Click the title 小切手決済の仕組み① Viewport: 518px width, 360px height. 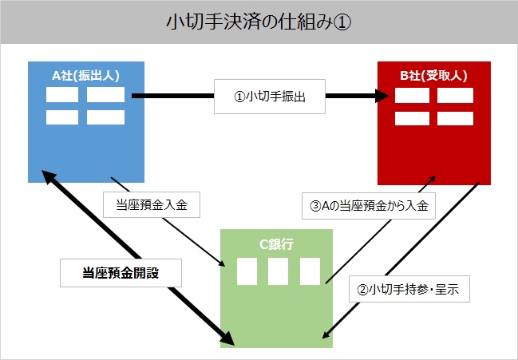(259, 22)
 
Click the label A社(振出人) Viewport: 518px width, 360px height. (85, 76)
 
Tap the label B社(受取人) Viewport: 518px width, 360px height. (433, 76)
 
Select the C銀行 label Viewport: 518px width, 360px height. (276, 244)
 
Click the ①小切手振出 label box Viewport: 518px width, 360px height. (270, 97)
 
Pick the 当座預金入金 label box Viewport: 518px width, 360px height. (152, 205)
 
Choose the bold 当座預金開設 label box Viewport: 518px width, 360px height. (121, 273)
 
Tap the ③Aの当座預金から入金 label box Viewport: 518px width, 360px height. (369, 206)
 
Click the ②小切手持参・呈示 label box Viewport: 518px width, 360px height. (409, 289)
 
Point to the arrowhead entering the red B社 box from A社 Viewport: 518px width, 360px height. (382, 96)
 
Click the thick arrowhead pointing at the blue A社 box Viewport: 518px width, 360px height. (49, 176)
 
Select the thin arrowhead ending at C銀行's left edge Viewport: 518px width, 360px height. (222, 263)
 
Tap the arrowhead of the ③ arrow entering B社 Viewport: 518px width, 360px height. (433, 180)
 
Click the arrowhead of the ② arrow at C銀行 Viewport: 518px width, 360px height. (326, 334)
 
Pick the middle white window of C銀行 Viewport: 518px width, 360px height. (278, 271)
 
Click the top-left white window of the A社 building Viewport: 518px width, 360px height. (62, 95)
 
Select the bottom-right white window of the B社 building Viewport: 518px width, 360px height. (455, 119)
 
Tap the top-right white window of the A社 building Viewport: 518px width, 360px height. (105, 95)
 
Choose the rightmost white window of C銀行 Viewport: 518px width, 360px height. (310, 271)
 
